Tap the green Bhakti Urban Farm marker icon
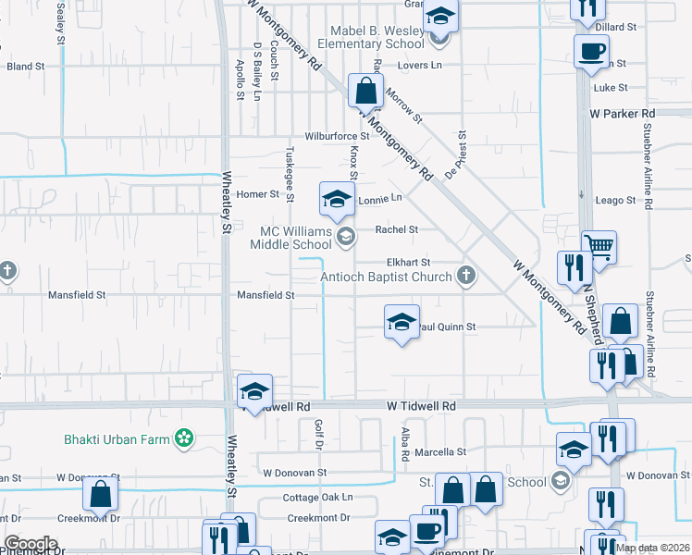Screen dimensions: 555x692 pyautogui.click(x=185, y=437)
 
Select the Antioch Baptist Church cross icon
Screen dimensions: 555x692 pyautogui.click(x=467, y=276)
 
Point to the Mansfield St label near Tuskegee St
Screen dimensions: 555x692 pyautogui.click(x=266, y=296)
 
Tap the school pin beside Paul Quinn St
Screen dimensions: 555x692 pyautogui.click(x=402, y=322)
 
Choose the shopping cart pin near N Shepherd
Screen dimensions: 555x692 pyautogui.click(x=599, y=247)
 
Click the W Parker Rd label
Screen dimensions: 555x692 pyautogui.click(x=622, y=113)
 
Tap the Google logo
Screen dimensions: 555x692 pyautogui.click(x=31, y=544)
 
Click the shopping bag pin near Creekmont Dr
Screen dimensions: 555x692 pyautogui.click(x=101, y=496)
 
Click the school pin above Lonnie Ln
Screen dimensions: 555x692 pyautogui.click(x=337, y=198)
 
